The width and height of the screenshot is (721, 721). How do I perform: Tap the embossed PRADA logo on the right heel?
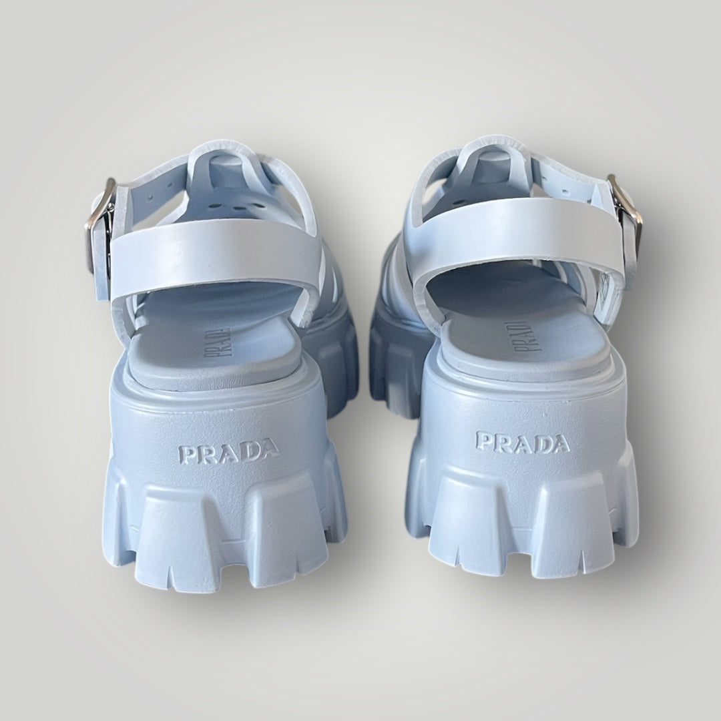tap(523, 442)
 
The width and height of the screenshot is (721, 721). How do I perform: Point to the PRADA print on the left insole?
tap(216, 342)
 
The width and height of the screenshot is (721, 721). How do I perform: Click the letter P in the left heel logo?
tap(186, 455)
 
